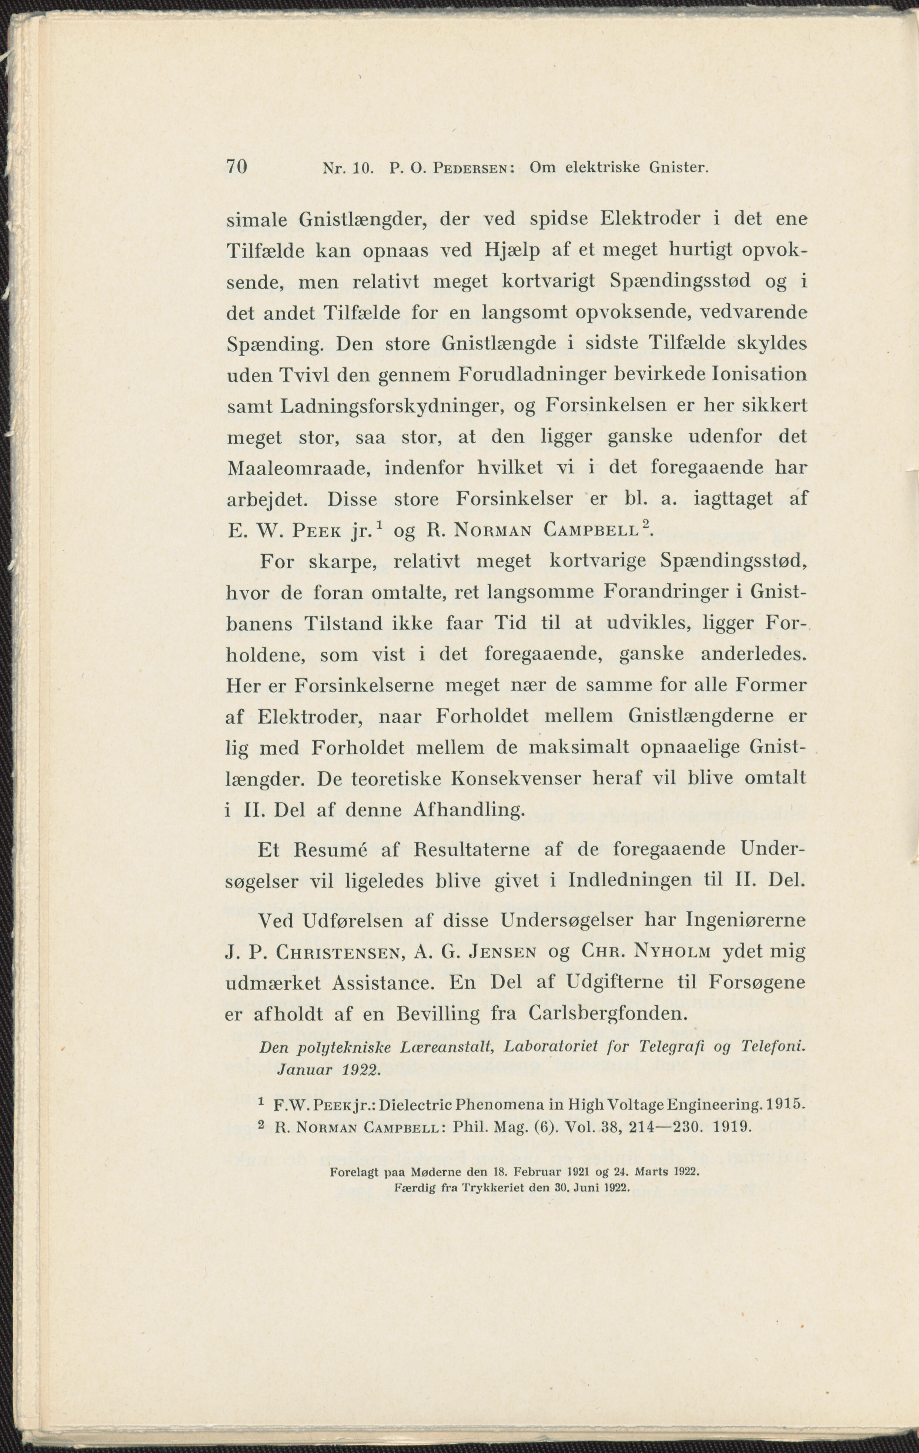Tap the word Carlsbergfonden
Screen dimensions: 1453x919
pos(608,1014)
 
